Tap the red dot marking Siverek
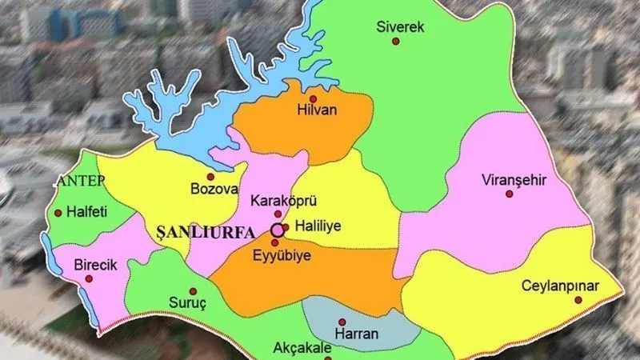click(x=395, y=41)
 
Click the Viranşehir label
click(x=514, y=180)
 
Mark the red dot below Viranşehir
click(x=509, y=194)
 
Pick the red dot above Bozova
click(x=210, y=177)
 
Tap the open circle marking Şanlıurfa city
click(x=277, y=230)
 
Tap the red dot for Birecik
click(x=89, y=279)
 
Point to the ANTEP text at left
click(x=80, y=182)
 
